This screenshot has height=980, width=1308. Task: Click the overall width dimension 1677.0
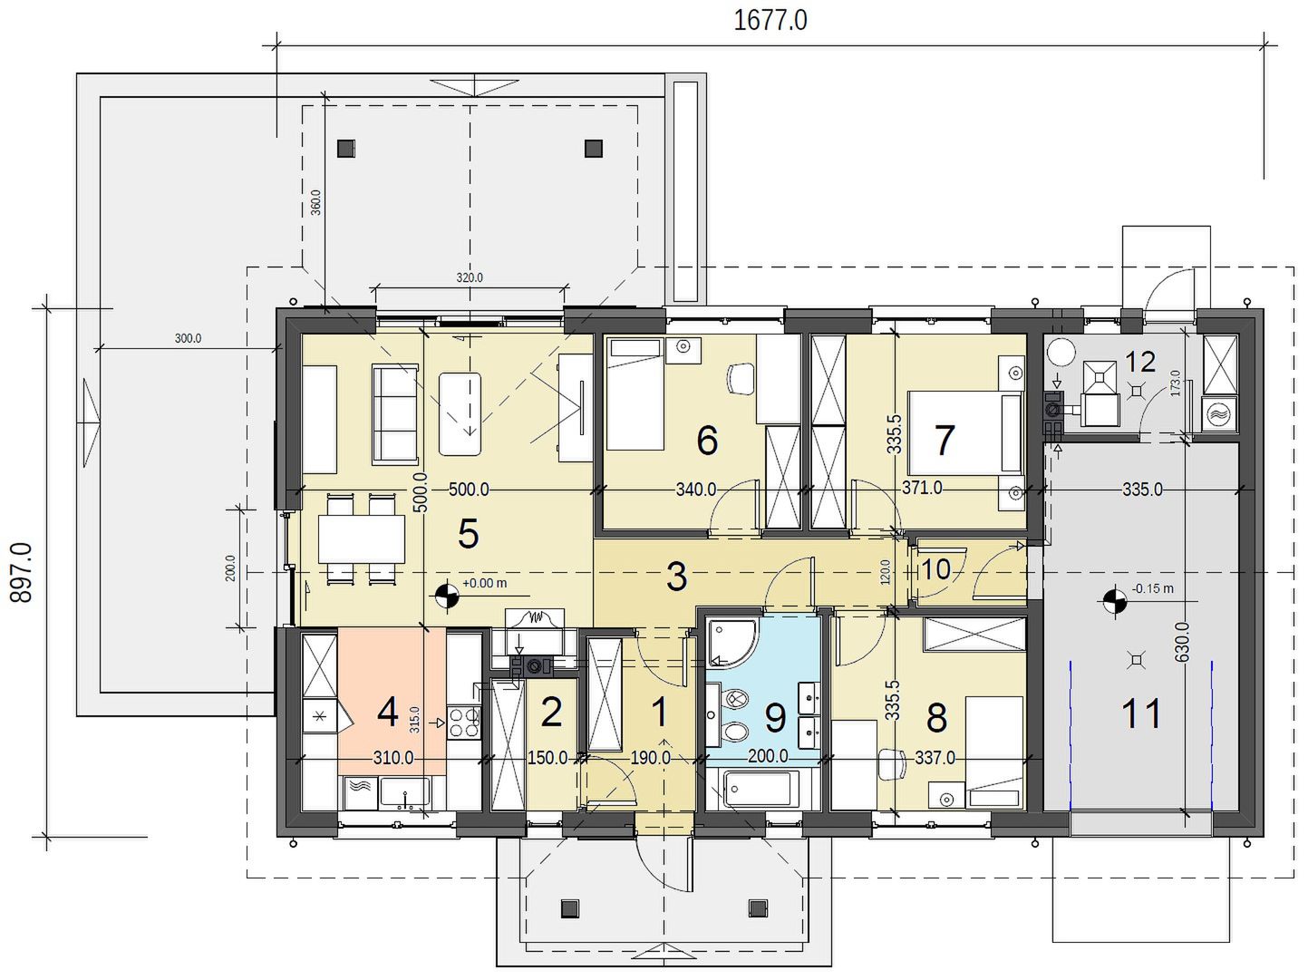pyautogui.click(x=770, y=21)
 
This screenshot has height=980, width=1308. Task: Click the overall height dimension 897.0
pyautogui.click(x=22, y=573)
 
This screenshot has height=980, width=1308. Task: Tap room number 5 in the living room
pyautogui.click(x=469, y=533)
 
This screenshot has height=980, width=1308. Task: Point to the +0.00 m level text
pyautogui.click(x=484, y=583)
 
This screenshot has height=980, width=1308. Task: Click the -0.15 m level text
pyautogui.click(x=1152, y=588)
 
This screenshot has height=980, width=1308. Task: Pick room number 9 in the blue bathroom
pyautogui.click(x=775, y=718)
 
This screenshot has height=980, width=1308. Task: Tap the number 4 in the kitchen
pyautogui.click(x=388, y=712)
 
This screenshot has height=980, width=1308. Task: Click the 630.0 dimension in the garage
pyautogui.click(x=1182, y=642)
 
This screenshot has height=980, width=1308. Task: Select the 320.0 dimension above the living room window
pyautogui.click(x=470, y=277)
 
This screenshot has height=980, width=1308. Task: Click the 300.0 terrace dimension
pyautogui.click(x=188, y=338)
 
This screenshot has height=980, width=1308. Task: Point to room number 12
pyautogui.click(x=1140, y=361)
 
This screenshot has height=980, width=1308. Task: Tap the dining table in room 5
pyautogui.click(x=361, y=539)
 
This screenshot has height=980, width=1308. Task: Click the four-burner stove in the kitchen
pyautogui.click(x=463, y=723)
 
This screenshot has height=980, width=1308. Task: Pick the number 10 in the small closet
pyautogui.click(x=935, y=569)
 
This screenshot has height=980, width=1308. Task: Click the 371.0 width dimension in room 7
pyautogui.click(x=922, y=488)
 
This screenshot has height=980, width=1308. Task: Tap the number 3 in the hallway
pyautogui.click(x=676, y=577)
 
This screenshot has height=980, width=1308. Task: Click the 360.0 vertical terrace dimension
pyautogui.click(x=315, y=202)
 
